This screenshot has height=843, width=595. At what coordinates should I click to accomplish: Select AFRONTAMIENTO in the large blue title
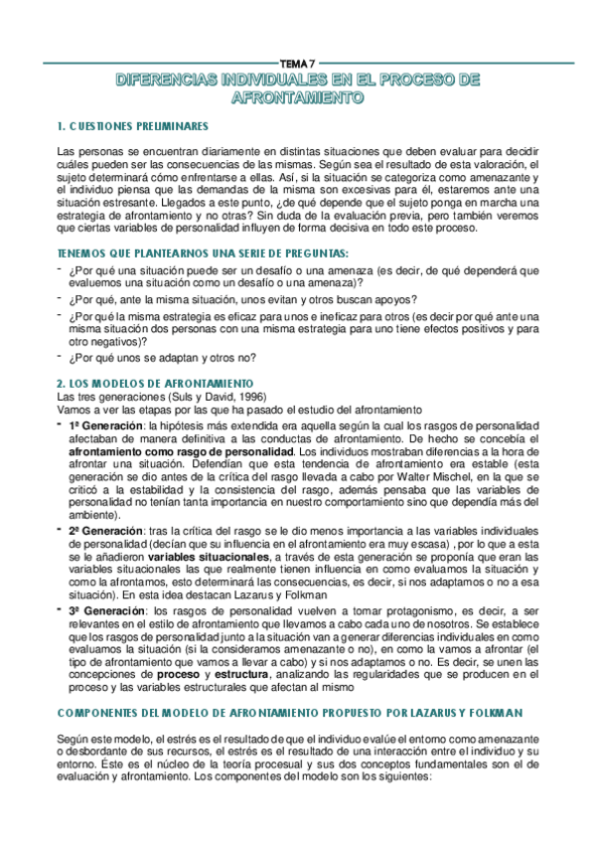click(x=297, y=97)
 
